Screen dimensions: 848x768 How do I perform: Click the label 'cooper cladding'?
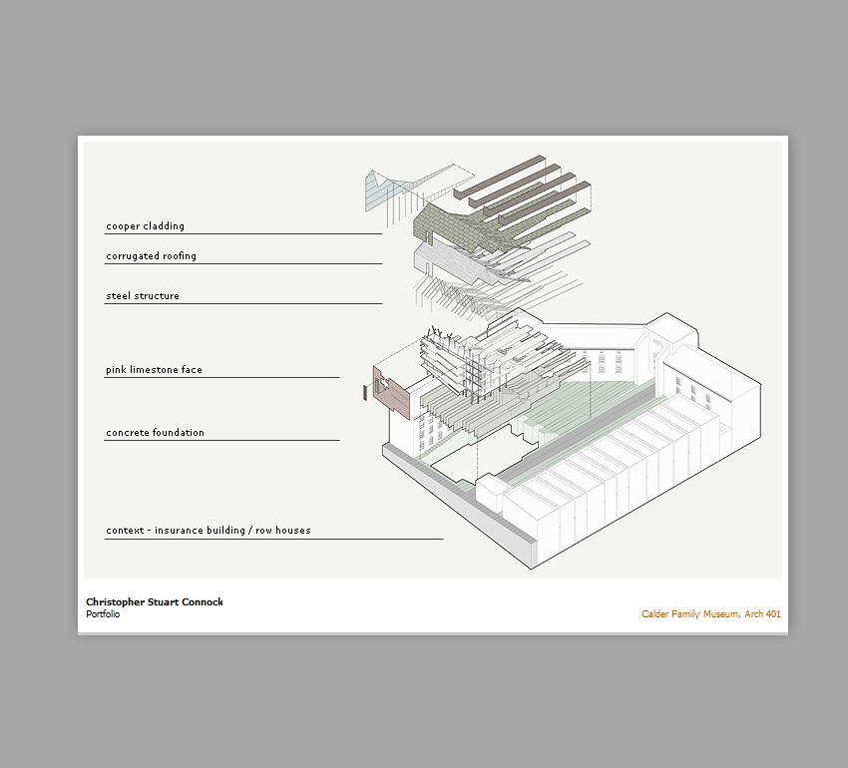[x=145, y=226]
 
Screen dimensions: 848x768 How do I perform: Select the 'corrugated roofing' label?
[x=151, y=255]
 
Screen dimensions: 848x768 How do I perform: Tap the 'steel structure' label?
[x=143, y=296]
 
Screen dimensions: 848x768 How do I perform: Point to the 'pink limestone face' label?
[x=154, y=369]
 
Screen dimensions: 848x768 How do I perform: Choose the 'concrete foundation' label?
[x=155, y=432]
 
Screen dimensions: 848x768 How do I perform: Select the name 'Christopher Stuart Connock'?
[x=154, y=602]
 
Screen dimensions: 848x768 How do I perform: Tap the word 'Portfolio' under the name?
[x=103, y=614]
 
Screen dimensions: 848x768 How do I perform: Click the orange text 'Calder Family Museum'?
[x=690, y=613]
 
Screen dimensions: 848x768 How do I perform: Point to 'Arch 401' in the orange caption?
[x=762, y=613]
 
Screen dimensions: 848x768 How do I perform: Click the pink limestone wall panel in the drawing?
[x=391, y=392]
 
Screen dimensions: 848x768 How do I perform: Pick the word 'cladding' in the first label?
[x=164, y=226]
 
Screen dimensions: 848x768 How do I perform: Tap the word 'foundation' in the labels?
[x=179, y=432]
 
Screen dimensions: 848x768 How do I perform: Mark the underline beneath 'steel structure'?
[x=242, y=304]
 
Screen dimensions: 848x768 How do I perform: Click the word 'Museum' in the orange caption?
[x=721, y=613]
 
